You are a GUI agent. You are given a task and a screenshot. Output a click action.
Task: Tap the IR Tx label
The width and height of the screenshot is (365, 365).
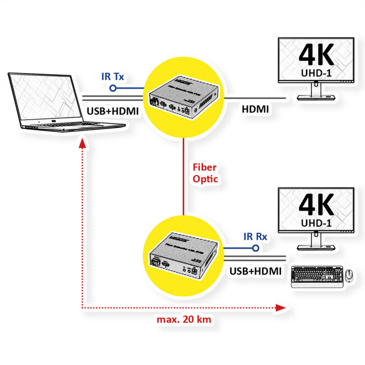click(x=112, y=76)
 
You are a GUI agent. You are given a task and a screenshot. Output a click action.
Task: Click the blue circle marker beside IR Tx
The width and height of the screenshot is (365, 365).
click(x=112, y=88)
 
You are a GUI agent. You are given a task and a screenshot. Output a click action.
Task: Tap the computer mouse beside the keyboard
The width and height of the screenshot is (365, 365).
click(x=349, y=276)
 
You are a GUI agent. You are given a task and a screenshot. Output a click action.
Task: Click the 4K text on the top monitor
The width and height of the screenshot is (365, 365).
click(x=316, y=54)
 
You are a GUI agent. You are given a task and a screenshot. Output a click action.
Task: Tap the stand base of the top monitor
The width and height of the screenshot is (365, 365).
click(x=317, y=98)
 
